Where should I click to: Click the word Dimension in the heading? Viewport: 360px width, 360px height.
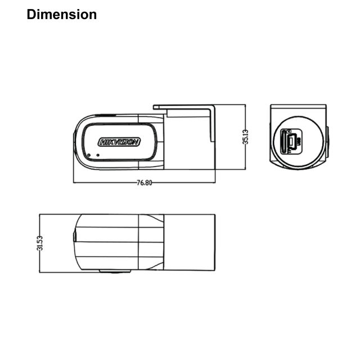[x=62, y=15]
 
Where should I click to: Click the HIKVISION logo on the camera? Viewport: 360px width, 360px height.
[x=119, y=142]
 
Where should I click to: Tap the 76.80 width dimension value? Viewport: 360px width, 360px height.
[x=145, y=183]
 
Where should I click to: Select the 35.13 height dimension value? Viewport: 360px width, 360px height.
[x=246, y=137]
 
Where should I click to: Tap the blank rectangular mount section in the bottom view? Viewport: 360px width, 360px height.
[x=190, y=243]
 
